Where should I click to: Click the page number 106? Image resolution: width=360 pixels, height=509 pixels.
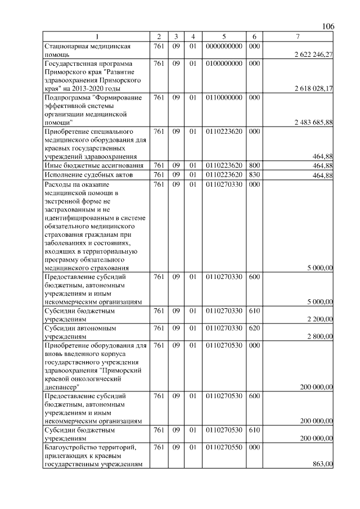tap(328, 27)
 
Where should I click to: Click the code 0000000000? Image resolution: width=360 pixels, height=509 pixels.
tap(224, 46)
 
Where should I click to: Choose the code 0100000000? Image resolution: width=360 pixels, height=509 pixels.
tap(224, 64)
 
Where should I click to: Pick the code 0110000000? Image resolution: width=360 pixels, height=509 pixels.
tap(224, 97)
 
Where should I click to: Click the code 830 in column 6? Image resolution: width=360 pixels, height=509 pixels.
tap(254, 175)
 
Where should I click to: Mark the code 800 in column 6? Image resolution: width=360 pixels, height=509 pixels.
tap(254, 165)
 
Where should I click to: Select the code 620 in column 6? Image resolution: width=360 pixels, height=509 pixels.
tap(254, 327)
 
